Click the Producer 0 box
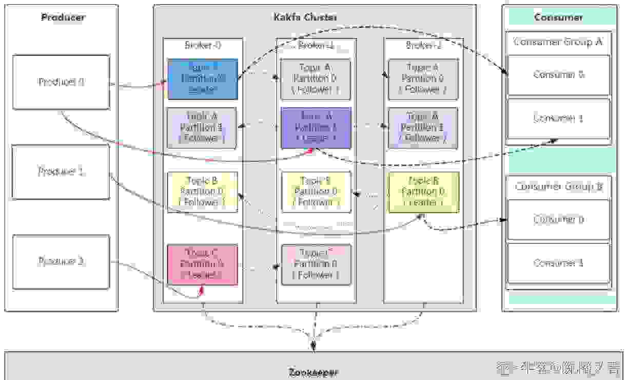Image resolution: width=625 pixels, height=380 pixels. (61, 82)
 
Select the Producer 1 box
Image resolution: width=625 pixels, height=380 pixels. (61, 172)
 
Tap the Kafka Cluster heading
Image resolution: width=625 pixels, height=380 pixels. (305, 17)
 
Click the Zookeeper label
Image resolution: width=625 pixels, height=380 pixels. (313, 372)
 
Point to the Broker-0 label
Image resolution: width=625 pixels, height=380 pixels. (203, 45)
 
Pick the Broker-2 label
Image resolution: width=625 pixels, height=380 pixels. (423, 45)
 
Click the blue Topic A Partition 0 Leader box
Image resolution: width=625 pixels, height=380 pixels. (203, 79)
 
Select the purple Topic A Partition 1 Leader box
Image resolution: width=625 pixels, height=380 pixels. (316, 127)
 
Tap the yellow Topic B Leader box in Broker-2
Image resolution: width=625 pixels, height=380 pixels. (423, 192)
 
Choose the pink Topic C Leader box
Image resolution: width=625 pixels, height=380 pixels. (203, 264)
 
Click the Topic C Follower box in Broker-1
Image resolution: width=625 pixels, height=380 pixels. (316, 264)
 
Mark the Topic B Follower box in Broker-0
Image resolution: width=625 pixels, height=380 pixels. (203, 192)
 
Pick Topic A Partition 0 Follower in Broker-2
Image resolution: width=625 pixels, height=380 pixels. (423, 79)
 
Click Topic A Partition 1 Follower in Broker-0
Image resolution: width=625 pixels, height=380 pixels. (203, 127)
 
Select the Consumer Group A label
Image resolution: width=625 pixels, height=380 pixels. (558, 42)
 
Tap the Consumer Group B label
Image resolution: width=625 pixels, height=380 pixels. (558, 186)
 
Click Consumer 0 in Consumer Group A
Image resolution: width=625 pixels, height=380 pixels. (559, 75)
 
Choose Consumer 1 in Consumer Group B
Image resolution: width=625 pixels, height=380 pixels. (559, 263)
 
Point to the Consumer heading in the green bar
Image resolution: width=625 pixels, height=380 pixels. (559, 17)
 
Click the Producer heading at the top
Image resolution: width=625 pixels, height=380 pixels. (63, 17)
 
